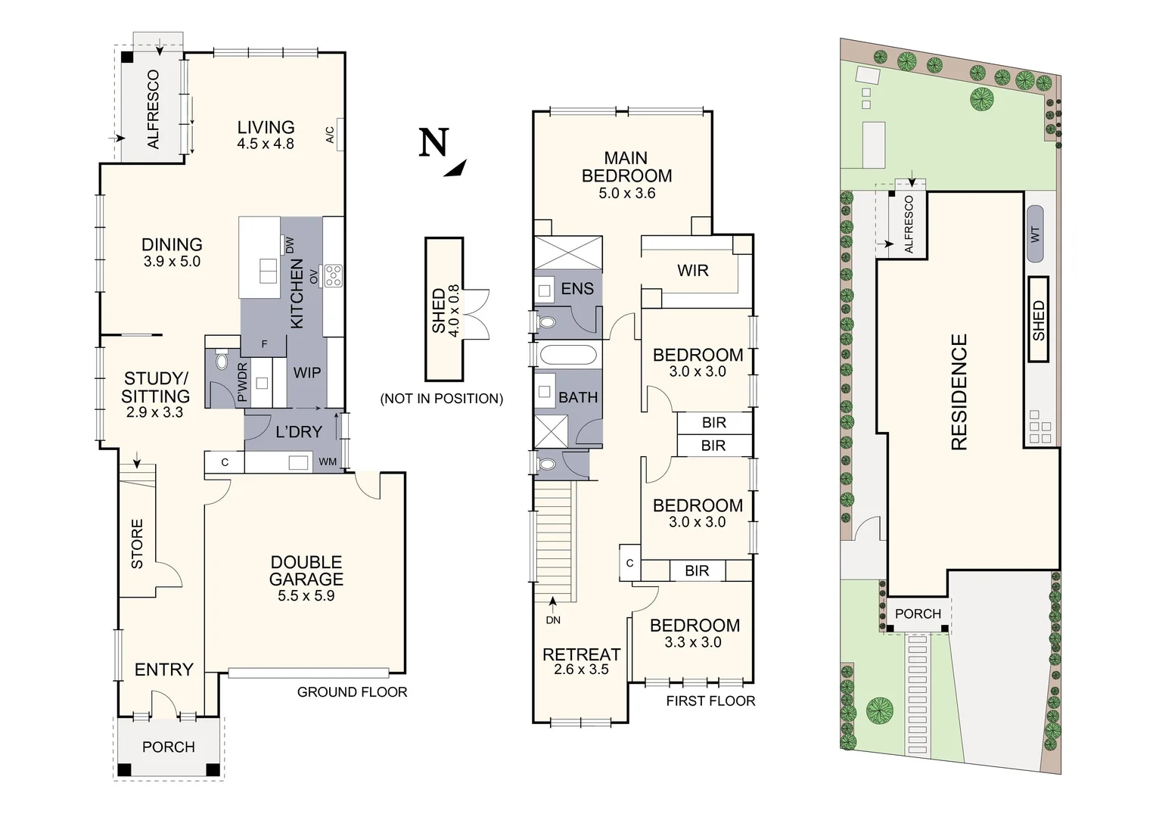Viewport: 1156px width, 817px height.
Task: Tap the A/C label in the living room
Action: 331,135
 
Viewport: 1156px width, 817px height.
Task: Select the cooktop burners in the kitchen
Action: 334,275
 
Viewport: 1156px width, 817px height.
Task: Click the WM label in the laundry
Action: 327,462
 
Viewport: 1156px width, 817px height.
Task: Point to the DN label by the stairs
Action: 553,620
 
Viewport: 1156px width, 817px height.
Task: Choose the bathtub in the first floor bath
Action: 567,355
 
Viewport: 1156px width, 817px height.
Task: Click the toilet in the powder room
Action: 222,361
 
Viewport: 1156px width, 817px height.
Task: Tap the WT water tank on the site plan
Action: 1035,234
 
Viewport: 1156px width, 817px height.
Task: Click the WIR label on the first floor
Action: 692,270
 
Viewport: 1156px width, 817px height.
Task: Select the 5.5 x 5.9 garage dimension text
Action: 306,595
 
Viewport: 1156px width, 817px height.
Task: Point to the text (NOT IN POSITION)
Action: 441,399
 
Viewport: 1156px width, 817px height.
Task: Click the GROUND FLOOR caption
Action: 352,692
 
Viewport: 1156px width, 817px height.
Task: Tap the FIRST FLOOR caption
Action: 710,701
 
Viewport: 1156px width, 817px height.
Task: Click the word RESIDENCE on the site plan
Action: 959,393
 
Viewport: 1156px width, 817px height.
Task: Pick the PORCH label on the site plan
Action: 918,614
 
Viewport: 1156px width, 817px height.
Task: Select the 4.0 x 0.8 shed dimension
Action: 454,311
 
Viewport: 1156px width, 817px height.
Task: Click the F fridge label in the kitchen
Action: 264,344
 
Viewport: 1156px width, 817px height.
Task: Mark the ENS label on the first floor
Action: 577,288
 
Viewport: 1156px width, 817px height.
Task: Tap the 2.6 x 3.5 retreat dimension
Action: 581,669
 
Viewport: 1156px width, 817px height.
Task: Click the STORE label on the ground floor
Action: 137,544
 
